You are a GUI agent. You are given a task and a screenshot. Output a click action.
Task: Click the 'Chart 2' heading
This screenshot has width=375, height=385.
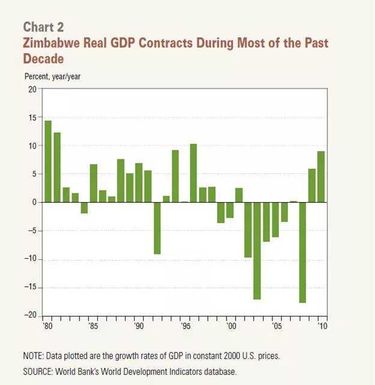[x=43, y=27]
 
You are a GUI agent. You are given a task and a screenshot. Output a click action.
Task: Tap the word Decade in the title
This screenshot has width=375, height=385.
[x=43, y=59]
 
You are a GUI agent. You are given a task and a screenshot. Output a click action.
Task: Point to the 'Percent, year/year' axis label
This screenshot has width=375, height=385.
[x=52, y=76]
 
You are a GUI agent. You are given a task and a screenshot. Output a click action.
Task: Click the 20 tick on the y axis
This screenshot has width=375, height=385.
[x=32, y=89]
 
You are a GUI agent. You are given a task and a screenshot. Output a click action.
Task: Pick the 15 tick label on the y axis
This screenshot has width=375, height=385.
[x=32, y=117]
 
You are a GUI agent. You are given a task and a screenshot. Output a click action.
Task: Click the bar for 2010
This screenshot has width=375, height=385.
[x=322, y=177]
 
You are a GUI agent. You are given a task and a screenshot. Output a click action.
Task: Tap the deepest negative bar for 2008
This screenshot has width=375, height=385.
[x=303, y=253]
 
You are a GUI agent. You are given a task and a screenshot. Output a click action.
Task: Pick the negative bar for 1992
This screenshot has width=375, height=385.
[x=157, y=228]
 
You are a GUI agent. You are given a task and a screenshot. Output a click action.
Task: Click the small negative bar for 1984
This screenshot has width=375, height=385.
[x=84, y=208]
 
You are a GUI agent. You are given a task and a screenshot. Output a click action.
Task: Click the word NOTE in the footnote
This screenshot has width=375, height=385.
[x=35, y=356]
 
